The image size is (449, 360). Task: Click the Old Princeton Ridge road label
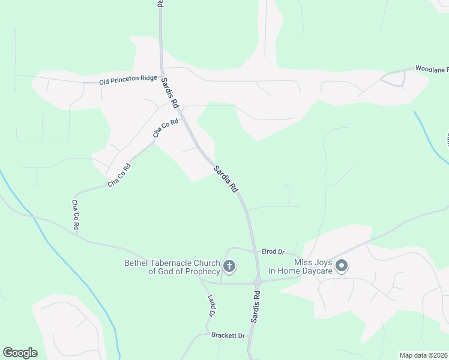coord(128,79)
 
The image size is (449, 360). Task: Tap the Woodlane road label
coord(432,70)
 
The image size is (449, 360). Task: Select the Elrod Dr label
coord(273,251)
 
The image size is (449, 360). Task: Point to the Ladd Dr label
coord(211,305)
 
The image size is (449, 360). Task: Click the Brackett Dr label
coord(229,335)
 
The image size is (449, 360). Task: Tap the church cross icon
coord(228,266)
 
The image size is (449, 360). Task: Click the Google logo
coord(20,353)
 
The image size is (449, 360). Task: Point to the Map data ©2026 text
coord(423,355)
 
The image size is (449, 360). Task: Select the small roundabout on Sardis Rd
coord(258,282)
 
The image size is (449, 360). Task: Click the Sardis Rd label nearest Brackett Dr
coord(256,308)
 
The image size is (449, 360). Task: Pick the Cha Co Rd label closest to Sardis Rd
coord(166,129)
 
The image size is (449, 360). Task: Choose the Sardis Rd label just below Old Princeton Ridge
coord(170,95)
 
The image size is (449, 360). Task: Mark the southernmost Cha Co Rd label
coord(76,215)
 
